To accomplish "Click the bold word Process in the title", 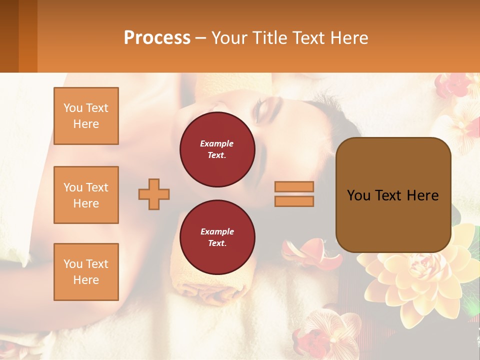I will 157,38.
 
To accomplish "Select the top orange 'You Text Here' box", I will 86,116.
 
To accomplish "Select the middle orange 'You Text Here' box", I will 86,195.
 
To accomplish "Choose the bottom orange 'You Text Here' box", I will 86,272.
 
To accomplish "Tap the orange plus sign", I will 154,194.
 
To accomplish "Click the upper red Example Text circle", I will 217,149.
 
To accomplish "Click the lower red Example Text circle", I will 217,237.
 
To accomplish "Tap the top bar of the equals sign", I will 294,187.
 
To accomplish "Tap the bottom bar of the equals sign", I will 294,201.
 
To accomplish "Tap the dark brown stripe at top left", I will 9,36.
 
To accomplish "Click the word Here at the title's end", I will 348,38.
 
